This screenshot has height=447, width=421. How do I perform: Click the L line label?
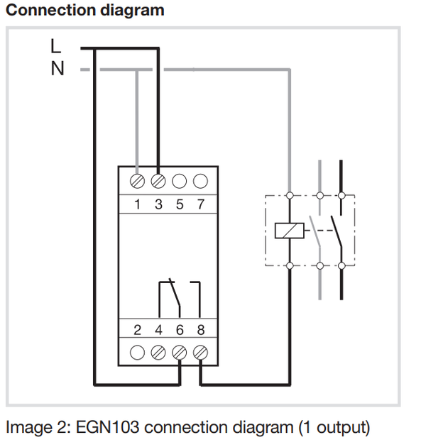(x=55, y=46)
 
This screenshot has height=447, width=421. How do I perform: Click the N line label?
(x=58, y=69)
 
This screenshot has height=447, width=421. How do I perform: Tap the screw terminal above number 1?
(x=137, y=181)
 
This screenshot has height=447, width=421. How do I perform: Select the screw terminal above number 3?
(x=158, y=181)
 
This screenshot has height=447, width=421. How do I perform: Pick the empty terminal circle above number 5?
(x=180, y=181)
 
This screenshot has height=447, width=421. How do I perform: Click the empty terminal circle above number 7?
(x=200, y=181)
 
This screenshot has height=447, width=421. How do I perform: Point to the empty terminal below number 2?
(x=137, y=353)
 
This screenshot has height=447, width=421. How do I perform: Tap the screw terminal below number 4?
(x=158, y=353)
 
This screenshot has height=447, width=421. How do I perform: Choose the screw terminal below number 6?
(x=180, y=353)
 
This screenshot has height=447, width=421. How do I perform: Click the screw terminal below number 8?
(x=200, y=353)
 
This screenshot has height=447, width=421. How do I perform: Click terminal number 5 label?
(x=180, y=204)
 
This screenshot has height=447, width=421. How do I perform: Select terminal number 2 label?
(x=138, y=330)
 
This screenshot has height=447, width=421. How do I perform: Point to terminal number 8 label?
(x=201, y=330)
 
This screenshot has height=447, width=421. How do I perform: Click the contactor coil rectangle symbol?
(x=290, y=231)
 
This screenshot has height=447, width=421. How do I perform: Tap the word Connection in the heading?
(x=49, y=10)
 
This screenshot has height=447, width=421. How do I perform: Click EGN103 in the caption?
(x=108, y=427)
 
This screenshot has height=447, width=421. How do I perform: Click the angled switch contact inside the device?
(x=175, y=293)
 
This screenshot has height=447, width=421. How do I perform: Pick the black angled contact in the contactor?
(x=337, y=231)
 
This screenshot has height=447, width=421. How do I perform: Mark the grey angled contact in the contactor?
(x=315, y=231)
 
